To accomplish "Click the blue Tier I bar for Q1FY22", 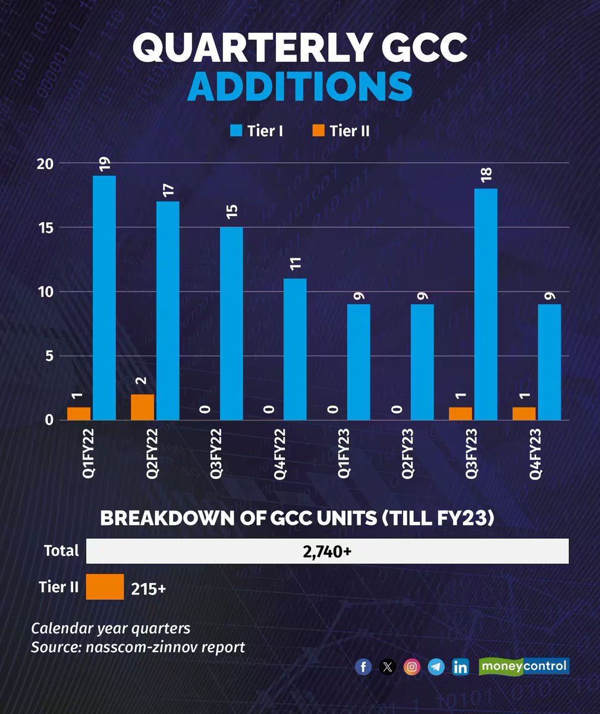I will pos(104,297).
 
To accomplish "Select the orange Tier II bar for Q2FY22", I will pos(142,407).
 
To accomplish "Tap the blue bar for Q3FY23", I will pos(486,304).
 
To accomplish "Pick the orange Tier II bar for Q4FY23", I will pos(524,414).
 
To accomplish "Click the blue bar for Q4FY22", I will pos(295,349).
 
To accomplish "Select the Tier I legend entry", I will pos(257,131).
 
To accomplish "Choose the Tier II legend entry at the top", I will pos(341,131).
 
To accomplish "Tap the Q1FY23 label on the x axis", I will pos(343,453).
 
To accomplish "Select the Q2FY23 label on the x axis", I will pos(407,453).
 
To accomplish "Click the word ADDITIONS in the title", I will pos(300,86).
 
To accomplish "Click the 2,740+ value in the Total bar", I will pos(327,552).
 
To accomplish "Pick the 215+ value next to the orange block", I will pos(148,588).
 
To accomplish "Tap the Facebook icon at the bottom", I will pos(363,666).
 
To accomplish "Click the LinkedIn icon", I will pos(460,666).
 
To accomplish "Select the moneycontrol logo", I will pos(524,666).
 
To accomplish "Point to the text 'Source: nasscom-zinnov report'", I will pos(138,647).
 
